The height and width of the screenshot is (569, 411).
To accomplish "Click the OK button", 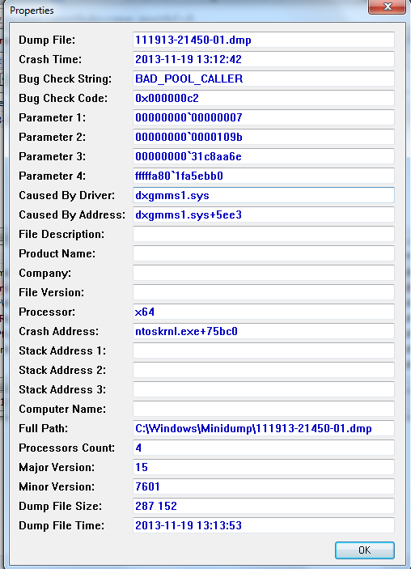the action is point(365,550).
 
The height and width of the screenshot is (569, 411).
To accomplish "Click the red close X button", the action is point(387,6).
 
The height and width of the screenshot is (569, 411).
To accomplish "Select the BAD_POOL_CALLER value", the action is point(189,79).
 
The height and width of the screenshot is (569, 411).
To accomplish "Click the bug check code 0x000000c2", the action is point(167,98).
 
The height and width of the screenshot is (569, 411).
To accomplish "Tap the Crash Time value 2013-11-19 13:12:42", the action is point(189,59).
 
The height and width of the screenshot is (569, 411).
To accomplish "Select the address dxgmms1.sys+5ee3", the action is point(189,214).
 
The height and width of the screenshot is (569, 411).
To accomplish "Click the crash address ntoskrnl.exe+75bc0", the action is point(186,331).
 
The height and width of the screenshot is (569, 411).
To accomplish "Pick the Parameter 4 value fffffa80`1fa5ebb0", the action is point(179,176).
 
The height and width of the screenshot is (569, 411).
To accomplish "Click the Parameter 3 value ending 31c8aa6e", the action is point(189,156).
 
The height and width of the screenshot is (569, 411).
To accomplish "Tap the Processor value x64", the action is point(144,312).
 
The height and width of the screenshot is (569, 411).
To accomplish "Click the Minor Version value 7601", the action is point(147,486).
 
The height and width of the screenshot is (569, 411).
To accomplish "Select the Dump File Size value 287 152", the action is point(156,506).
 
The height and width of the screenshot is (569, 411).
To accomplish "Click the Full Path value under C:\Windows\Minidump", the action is point(253,428).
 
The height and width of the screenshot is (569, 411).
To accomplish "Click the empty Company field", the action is point(264,273).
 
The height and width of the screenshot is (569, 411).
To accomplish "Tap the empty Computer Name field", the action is point(264,409).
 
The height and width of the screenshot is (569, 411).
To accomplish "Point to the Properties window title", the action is point(32,11).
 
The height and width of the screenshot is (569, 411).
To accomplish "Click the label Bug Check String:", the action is point(66,79).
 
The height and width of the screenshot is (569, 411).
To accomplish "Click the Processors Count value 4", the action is point(138,448).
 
